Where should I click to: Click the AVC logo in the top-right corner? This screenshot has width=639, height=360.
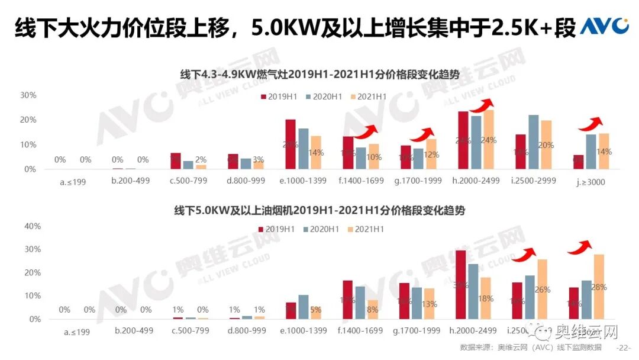coord(604,26)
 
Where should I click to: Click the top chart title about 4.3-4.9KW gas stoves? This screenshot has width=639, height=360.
coord(319,75)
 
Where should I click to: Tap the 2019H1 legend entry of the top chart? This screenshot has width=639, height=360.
coord(279,97)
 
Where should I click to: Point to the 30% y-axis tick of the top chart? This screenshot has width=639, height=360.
coord(28,95)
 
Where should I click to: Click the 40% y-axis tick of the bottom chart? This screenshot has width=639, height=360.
coord(32,226)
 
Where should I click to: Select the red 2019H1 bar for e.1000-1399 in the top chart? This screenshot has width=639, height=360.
coord(291,144)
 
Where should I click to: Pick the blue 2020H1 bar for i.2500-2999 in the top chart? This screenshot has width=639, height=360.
coord(533,142)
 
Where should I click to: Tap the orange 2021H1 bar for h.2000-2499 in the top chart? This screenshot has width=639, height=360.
coord(489,140)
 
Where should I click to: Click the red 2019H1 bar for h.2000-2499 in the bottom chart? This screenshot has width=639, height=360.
coord(460,285)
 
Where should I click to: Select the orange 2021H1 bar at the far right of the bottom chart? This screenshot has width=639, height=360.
coord(599,287)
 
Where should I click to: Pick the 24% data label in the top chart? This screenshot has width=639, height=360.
coord(489,140)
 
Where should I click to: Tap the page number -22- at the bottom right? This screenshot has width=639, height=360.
coord(624,348)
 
